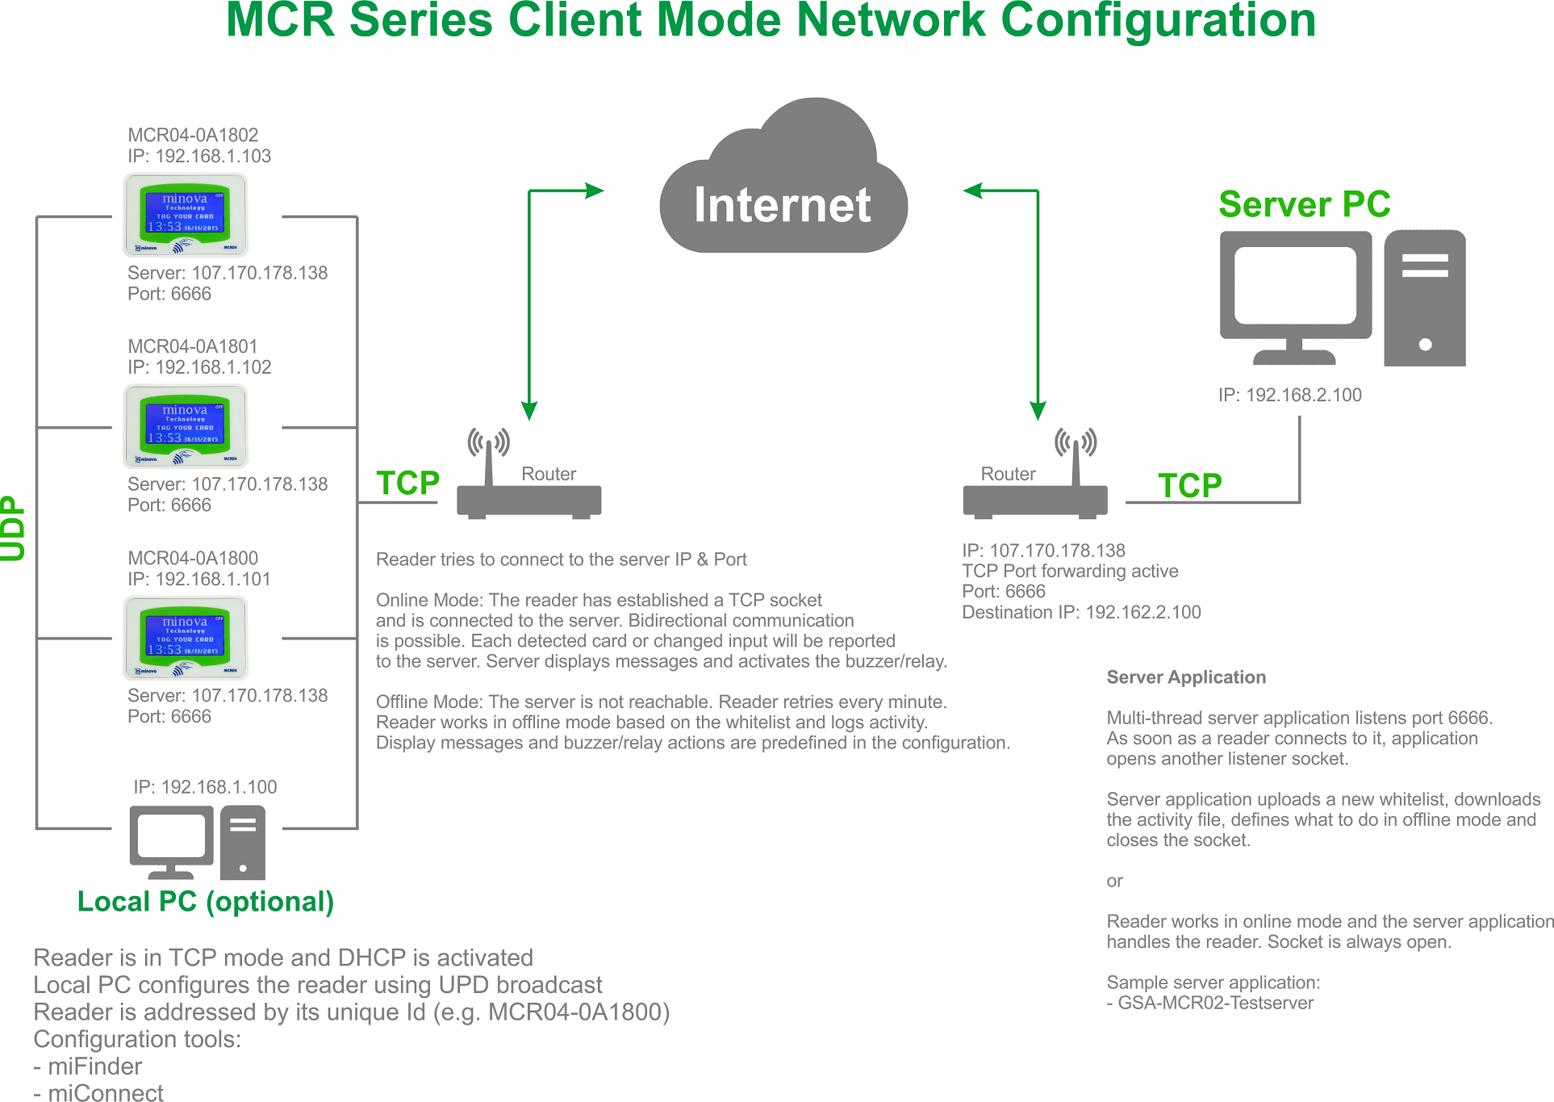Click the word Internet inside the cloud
point(782,205)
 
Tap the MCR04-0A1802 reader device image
point(186,215)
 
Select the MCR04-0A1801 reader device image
point(186,426)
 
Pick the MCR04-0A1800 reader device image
point(186,638)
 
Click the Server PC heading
point(1305,204)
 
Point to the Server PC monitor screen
point(1295,285)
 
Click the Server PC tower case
point(1424,298)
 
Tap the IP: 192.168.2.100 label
point(1289,395)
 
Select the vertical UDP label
point(14,528)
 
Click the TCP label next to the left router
point(407,484)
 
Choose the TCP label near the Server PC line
point(1189,486)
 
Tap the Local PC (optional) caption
point(205,902)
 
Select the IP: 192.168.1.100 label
point(205,787)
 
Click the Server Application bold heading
point(1185,677)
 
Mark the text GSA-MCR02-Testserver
point(1215,1004)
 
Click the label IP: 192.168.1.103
point(199,156)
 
